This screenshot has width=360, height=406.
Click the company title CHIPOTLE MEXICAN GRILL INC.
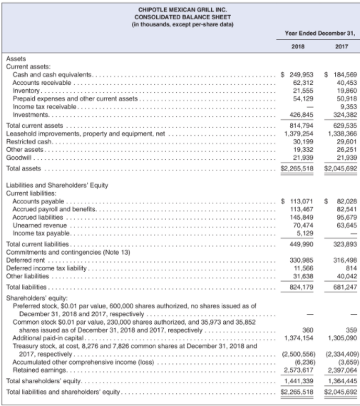pos(180,8)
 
